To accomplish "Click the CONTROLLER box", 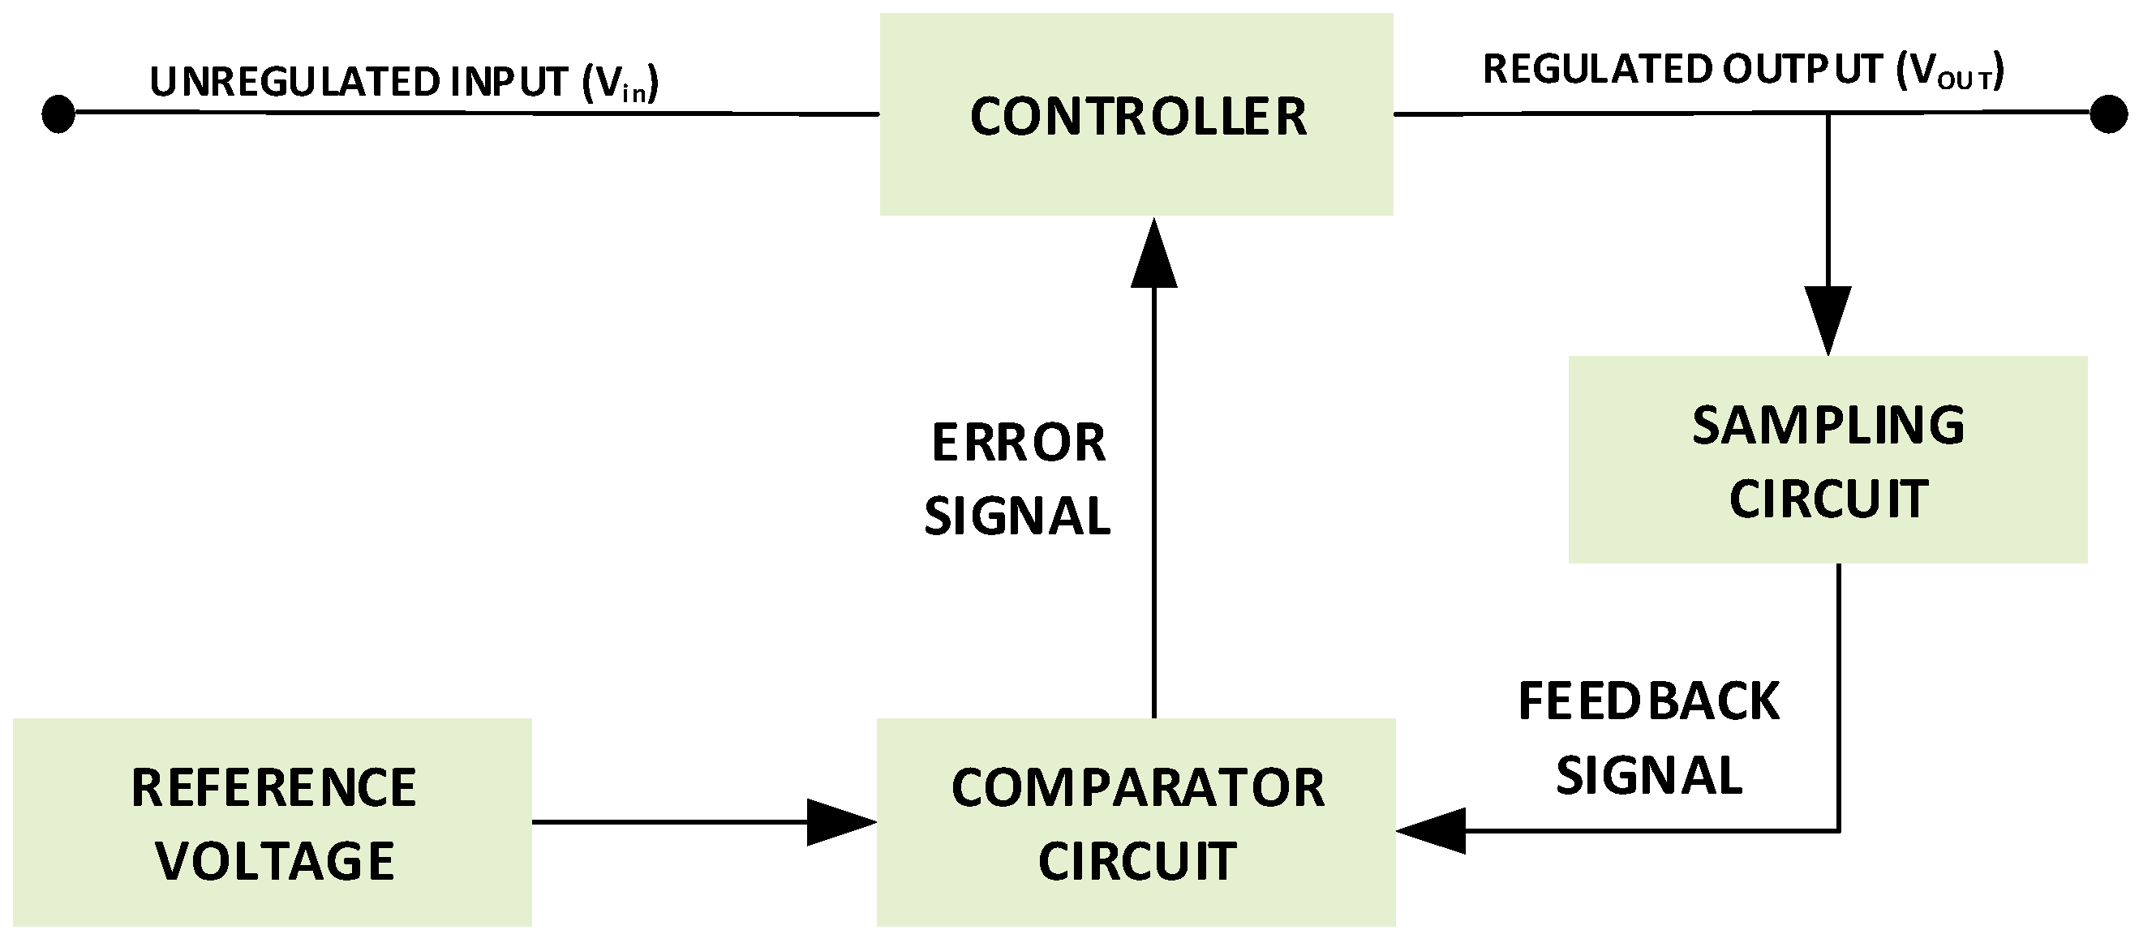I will (x=1136, y=114).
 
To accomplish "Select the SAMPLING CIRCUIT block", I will (x=1827, y=460).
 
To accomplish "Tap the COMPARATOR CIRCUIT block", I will (x=1136, y=821).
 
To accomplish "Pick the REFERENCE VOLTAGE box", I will (x=273, y=821).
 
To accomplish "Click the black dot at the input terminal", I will (x=58, y=114).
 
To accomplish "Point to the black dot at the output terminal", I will (x=2107, y=114).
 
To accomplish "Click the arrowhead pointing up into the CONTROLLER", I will (x=1153, y=254).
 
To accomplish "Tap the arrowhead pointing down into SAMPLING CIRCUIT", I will (x=1828, y=319).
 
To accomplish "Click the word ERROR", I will (x=1019, y=444).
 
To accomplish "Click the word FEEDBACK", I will (x=1648, y=702).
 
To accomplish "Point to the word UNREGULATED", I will (x=294, y=82).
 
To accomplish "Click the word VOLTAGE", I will (x=275, y=862).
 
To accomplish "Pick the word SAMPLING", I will (x=1828, y=426).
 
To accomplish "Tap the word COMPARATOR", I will (x=1137, y=787).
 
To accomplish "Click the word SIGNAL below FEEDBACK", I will (x=1648, y=776).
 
